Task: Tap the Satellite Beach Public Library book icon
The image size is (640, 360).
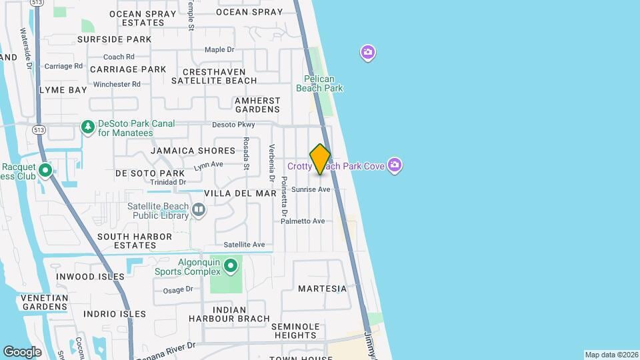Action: [199, 211]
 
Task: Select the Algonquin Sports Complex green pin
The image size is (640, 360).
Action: [231, 267]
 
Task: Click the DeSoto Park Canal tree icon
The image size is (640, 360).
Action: [87, 127]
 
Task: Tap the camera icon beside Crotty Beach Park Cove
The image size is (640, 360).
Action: [395, 165]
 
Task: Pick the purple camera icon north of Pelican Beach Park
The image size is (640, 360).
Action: [367, 53]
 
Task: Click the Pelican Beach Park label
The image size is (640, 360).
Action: [319, 83]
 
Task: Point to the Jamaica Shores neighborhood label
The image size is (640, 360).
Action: [193, 151]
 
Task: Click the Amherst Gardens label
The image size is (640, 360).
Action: [257, 105]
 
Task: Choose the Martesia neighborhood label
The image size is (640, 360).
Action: [322, 289]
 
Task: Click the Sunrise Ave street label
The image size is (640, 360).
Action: [311, 189]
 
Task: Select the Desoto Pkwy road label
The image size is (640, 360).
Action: [233, 125]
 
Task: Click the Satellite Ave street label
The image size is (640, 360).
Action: [244, 245]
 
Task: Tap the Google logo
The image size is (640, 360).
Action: [23, 351]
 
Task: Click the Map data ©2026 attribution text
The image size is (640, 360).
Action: [611, 355]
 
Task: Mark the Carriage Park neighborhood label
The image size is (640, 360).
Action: [128, 69]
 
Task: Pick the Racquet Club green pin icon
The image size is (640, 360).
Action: [45, 171]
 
